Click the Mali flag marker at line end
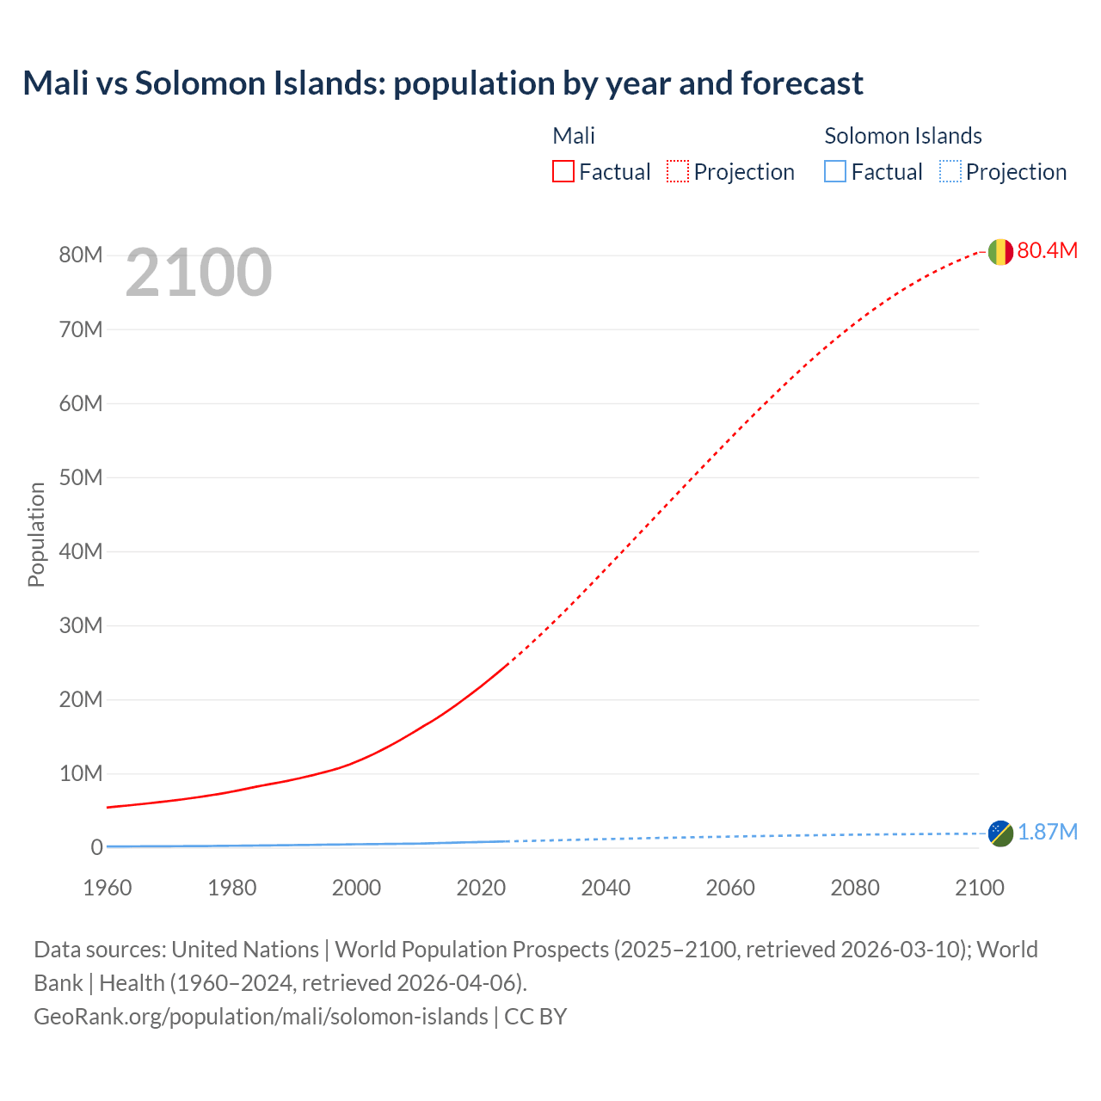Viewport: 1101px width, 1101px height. tap(1000, 252)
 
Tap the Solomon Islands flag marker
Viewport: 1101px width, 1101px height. tap(1000, 833)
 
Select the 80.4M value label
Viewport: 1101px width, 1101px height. tap(1047, 250)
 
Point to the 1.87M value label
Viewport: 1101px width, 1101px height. tap(1047, 832)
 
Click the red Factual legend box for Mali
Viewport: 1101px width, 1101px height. tap(563, 171)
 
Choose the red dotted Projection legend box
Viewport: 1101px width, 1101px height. tap(678, 171)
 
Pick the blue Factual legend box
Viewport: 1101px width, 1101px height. tap(834, 171)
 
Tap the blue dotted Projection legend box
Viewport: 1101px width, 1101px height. tap(950, 171)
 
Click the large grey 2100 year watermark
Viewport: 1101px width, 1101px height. tap(199, 273)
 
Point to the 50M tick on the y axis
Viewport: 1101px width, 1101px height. tap(81, 477)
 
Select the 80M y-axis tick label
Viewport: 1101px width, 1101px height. tap(81, 255)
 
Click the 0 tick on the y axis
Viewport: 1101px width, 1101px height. tap(96, 847)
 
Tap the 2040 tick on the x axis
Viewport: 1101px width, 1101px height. tap(606, 888)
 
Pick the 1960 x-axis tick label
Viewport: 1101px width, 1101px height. tap(108, 888)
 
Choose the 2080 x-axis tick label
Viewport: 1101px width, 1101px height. tap(855, 888)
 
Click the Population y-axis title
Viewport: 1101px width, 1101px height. tap(36, 534)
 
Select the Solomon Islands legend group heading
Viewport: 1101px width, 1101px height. tap(902, 136)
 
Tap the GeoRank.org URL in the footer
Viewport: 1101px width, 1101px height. tap(261, 1016)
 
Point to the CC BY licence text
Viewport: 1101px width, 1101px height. tap(535, 1016)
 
